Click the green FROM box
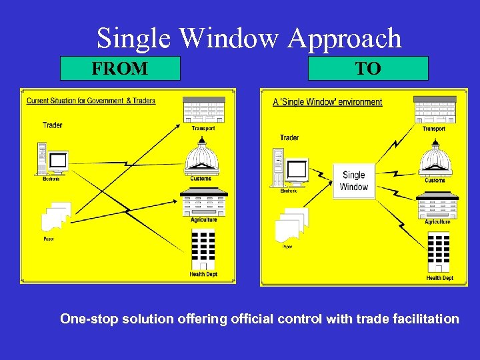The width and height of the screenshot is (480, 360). pos(120,68)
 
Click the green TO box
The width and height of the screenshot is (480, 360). pos(368,68)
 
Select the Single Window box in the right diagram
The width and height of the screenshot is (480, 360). pos(353,181)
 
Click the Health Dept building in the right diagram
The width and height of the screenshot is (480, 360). pos(438,253)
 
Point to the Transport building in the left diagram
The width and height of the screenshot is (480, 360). pos(203,110)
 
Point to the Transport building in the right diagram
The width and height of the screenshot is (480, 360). pos(435,110)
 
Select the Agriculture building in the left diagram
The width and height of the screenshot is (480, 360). pos(203,202)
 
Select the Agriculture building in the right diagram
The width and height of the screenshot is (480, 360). pos(437,206)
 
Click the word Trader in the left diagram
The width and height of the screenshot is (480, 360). pos(53,125)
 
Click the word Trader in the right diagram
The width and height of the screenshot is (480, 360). pos(289,137)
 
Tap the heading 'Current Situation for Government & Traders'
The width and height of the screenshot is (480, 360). pos(91,101)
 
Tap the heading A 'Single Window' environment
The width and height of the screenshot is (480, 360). pos(327,102)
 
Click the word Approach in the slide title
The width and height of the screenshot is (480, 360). pos(345,39)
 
